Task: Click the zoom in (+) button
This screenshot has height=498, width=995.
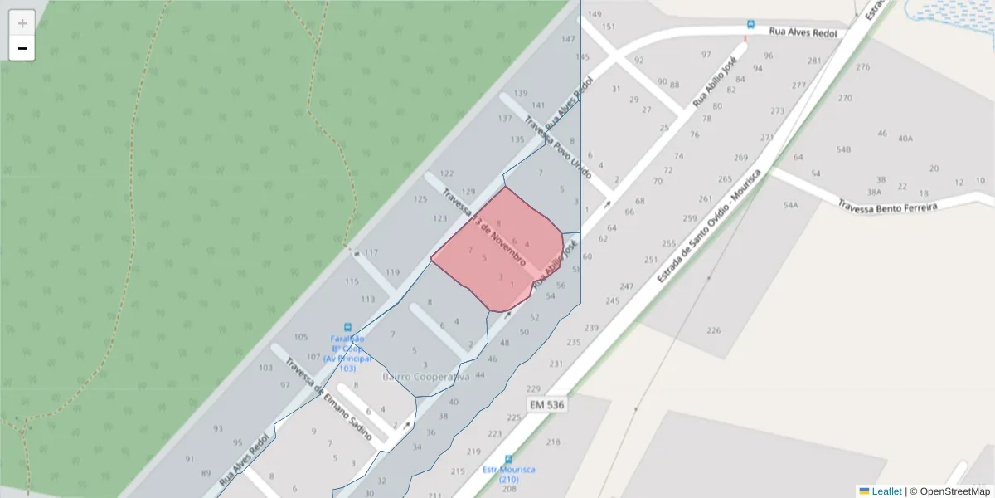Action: coord(22,23)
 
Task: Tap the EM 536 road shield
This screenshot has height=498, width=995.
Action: coord(547,404)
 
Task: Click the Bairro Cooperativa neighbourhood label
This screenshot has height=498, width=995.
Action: coord(425,377)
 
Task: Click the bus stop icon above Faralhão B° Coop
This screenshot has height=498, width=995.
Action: coord(347,327)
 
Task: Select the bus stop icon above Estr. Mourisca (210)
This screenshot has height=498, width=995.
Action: coord(508,459)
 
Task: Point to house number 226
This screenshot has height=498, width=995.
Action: coord(713,330)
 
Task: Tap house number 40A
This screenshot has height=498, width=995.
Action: coord(905,139)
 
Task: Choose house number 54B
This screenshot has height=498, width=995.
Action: coord(843,149)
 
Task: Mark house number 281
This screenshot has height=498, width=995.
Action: coord(814,61)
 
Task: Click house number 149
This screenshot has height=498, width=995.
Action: coord(595,15)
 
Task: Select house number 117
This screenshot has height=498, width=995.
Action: coord(371,252)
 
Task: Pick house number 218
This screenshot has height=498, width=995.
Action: coord(553,442)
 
